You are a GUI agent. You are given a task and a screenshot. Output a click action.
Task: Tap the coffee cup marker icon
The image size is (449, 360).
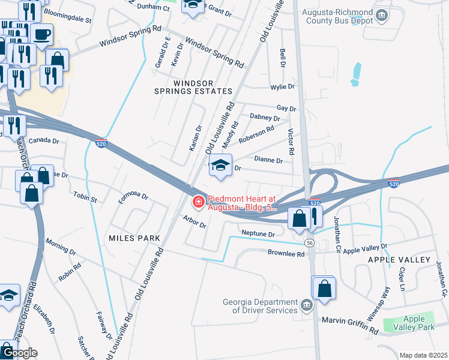(x=41, y=35)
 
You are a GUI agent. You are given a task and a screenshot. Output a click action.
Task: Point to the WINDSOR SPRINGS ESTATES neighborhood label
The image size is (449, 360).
(x=202, y=86)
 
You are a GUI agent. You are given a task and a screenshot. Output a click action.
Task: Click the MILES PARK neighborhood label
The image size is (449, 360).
(x=134, y=238)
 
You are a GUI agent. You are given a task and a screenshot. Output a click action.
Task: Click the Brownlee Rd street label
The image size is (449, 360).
(x=286, y=254)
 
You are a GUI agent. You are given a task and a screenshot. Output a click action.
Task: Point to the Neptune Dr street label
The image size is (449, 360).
(x=258, y=233)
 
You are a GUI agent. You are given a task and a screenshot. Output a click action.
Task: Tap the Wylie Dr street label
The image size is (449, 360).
(x=283, y=87)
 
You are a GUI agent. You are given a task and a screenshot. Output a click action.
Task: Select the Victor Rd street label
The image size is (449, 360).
(x=291, y=142)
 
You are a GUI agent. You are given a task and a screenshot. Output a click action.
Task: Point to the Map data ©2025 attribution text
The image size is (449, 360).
(x=423, y=355)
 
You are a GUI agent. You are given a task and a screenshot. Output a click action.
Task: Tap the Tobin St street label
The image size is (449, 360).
(x=85, y=196)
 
